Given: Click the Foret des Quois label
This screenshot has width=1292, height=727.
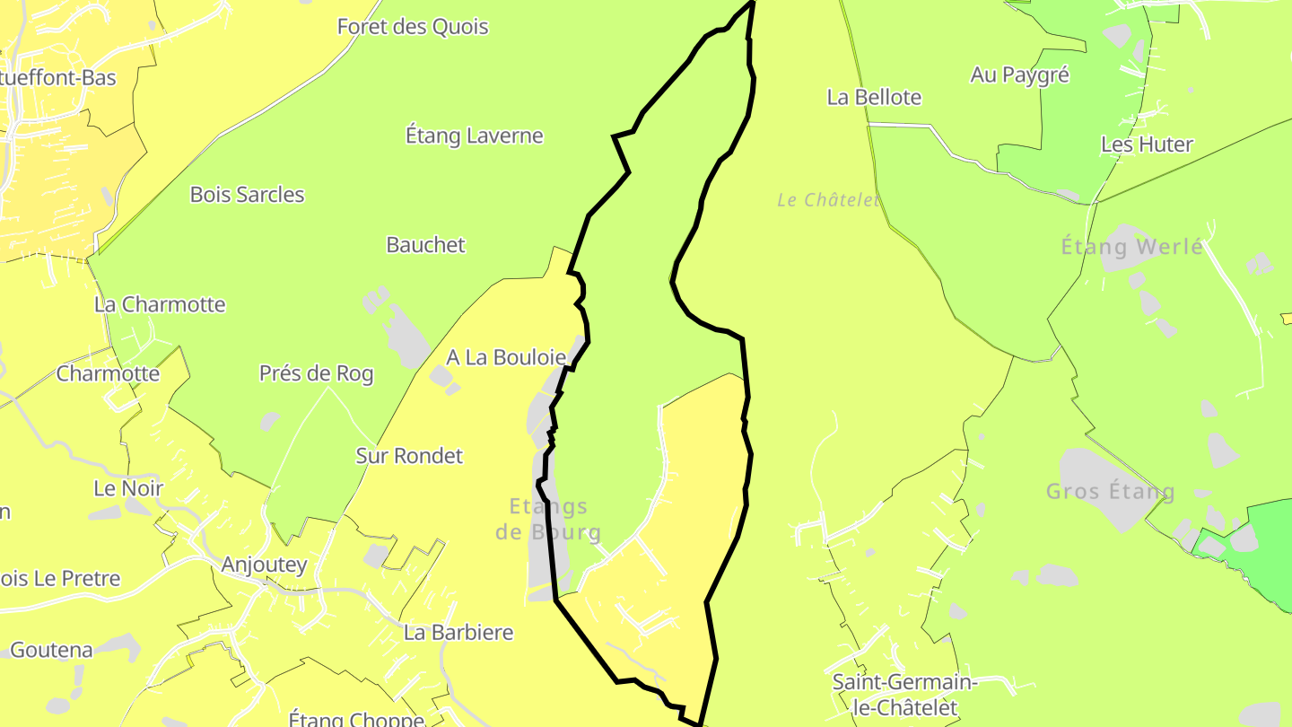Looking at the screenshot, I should [413, 27].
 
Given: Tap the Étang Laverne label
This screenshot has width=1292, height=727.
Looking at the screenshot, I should [474, 136].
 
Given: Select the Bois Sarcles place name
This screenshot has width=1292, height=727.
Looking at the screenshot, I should [247, 195].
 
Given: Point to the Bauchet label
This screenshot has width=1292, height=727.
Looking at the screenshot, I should [425, 245].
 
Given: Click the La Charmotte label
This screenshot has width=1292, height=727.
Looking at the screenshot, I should [160, 304].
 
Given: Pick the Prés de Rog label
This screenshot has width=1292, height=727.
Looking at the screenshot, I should [316, 374].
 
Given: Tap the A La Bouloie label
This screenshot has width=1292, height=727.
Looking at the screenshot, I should [506, 358].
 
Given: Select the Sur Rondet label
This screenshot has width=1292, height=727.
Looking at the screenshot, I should [409, 456].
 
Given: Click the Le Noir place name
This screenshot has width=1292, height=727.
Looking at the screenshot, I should [128, 489].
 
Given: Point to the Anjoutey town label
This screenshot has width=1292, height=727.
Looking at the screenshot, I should [264, 565].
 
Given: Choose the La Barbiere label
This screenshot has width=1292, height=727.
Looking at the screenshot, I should [458, 633].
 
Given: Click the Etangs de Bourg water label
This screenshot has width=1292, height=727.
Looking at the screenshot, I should [548, 520].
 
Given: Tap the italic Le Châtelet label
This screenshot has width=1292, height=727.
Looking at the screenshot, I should [828, 200].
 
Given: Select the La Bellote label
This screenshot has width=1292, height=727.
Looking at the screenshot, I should [874, 98].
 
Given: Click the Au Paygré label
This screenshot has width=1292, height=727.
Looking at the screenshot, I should [1019, 75].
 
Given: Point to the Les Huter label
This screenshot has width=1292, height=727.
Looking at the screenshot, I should [1147, 145].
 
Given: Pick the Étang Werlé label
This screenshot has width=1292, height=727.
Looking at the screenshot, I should [1132, 247].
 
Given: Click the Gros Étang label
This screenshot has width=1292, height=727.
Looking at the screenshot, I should [1110, 492].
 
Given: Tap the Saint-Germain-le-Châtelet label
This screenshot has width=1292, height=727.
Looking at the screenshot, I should [904, 695].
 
